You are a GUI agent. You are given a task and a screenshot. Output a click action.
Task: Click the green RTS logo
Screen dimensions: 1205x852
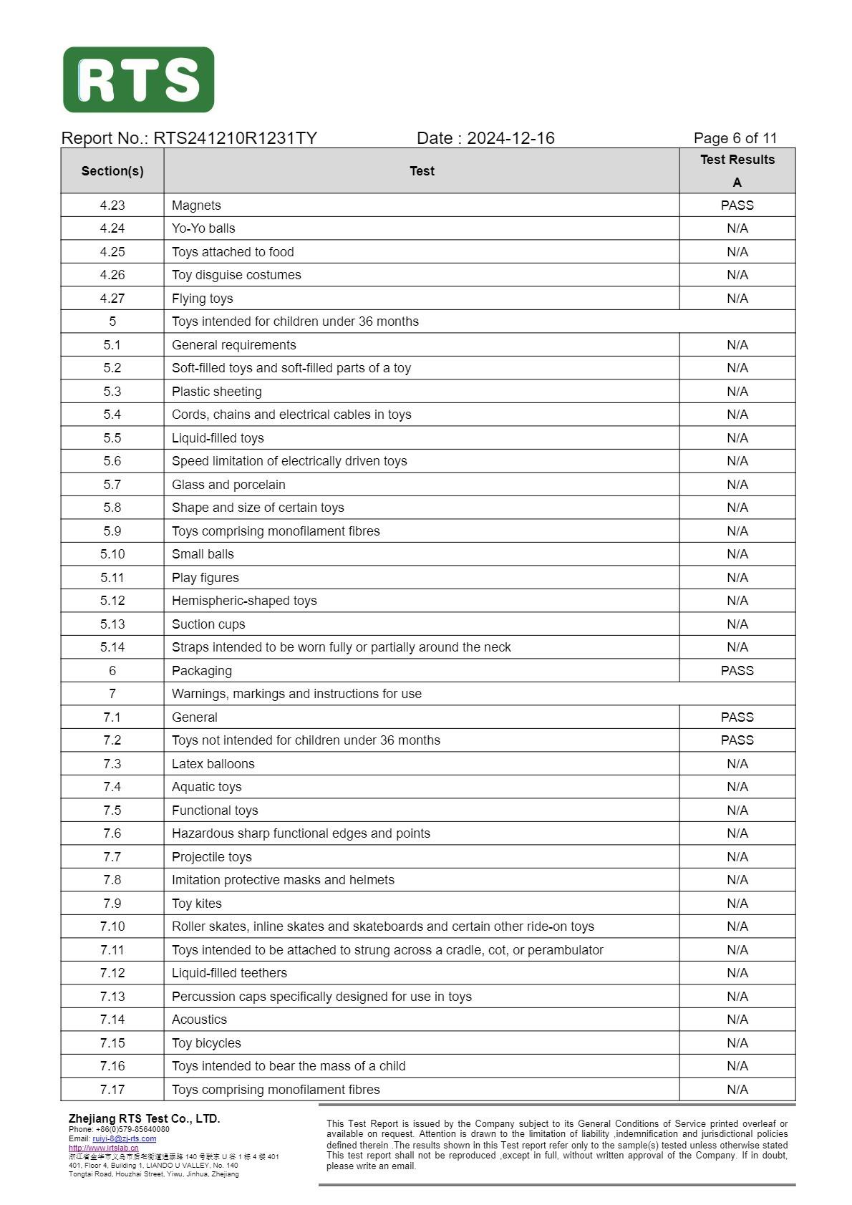coord(138,79)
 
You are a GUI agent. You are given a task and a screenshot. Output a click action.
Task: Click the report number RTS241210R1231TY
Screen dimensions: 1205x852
coord(235,138)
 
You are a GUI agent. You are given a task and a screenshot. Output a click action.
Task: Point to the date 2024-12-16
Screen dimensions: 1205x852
coord(510,138)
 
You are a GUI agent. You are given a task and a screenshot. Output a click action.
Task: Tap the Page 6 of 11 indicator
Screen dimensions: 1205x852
coord(735,138)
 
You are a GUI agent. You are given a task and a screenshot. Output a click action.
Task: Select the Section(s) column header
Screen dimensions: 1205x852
coord(112,171)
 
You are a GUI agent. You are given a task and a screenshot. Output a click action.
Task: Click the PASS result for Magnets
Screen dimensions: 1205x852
coord(737,205)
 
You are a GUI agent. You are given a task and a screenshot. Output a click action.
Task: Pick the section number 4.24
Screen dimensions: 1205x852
coord(112,228)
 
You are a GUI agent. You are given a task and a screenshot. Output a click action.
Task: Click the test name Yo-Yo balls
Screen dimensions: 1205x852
coord(203,228)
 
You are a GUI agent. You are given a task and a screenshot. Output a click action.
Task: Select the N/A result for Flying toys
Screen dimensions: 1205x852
coord(737,299)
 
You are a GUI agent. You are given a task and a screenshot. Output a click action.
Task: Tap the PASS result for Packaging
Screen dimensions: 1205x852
coord(737,671)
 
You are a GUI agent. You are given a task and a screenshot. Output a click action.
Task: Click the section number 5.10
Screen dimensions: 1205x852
coord(112,554)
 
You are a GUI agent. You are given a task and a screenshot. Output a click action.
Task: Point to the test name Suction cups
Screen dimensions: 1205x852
coord(208,624)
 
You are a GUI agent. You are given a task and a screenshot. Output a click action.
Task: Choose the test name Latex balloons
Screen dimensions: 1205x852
coord(213,764)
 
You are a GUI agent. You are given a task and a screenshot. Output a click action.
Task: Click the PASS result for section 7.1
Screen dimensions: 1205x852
coord(737,717)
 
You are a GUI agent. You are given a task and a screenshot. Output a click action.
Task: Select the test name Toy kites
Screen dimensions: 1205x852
coord(197,904)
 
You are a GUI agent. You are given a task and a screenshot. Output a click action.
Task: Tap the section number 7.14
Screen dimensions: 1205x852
coord(112,1020)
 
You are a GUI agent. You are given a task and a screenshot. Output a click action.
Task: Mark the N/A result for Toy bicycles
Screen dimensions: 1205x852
coord(737,1043)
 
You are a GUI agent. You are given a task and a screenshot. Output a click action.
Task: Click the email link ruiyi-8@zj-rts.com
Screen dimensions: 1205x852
coord(124,1139)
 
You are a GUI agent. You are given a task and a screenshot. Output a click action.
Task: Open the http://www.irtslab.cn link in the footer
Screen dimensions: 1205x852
coord(104,1148)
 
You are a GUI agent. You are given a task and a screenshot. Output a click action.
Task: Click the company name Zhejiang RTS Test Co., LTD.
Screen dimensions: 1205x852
coord(144,1119)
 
